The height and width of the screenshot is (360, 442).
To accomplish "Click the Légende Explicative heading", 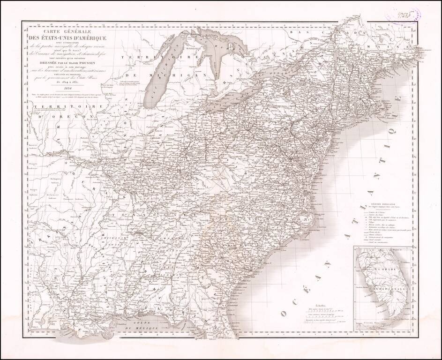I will coord(383,205).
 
